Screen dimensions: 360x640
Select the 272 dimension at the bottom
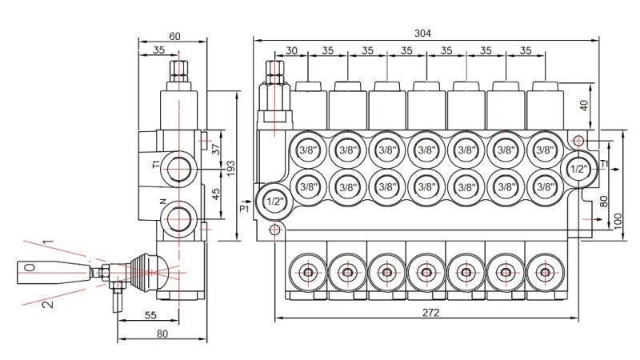(430, 312)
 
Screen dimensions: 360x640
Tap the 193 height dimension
(230, 167)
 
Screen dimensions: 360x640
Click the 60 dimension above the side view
(174, 36)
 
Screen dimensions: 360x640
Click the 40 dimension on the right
(584, 104)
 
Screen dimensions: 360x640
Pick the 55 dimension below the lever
(150, 316)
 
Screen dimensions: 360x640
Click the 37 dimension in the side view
(215, 149)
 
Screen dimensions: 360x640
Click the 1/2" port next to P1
(274, 200)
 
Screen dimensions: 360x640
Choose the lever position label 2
(48, 303)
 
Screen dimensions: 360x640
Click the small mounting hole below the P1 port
(275, 230)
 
